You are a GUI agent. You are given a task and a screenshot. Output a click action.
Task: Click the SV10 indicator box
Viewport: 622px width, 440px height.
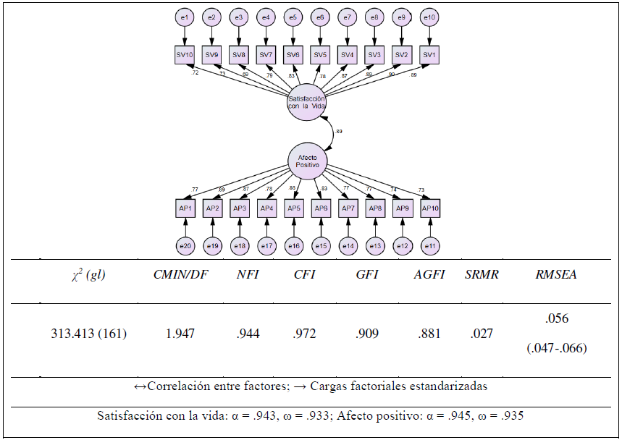tap(185, 54)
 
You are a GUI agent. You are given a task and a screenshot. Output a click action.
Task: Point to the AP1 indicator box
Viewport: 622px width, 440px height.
tap(185, 208)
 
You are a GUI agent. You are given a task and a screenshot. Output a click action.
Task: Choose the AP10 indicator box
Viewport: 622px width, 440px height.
tap(430, 208)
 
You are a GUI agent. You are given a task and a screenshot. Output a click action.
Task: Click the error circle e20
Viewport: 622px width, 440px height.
tap(185, 247)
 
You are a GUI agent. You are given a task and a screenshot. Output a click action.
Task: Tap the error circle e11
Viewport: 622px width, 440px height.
tap(430, 247)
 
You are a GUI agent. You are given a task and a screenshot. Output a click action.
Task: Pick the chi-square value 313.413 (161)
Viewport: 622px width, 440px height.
tap(89, 334)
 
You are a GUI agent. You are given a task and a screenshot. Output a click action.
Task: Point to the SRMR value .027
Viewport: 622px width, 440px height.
tap(479, 334)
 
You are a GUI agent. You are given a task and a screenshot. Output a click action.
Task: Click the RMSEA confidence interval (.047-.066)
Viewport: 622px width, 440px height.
tap(556, 349)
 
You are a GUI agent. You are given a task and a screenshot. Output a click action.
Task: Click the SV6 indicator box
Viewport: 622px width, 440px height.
tap(293, 54)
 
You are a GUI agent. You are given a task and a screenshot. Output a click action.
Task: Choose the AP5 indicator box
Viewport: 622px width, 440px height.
tap(293, 208)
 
